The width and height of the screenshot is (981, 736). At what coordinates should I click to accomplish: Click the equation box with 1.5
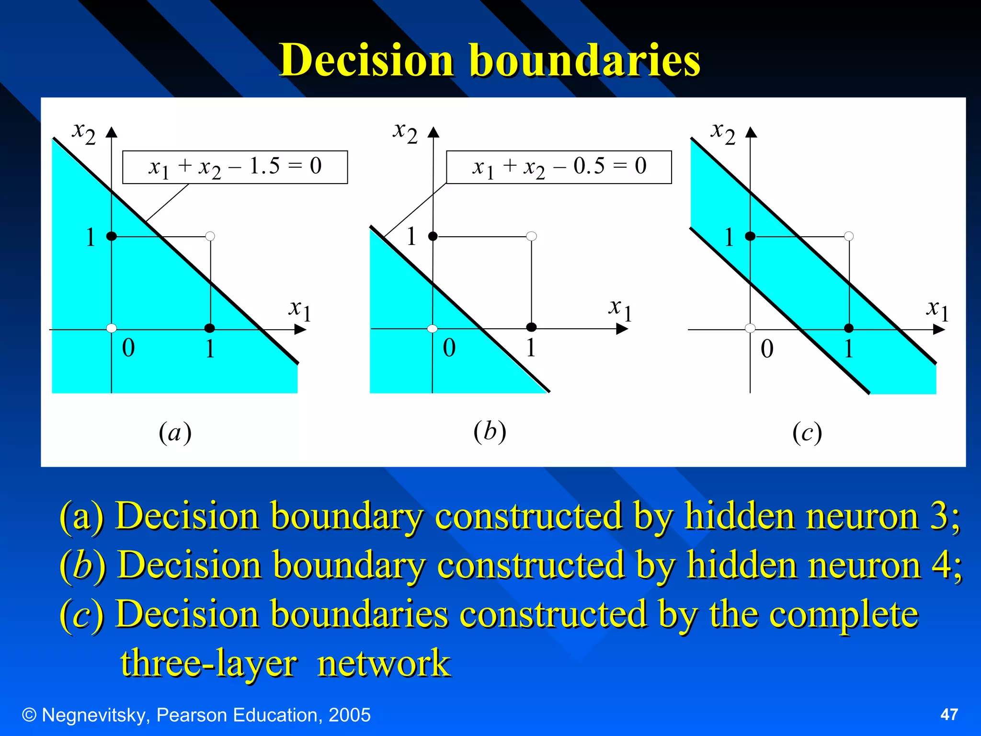tap(235, 167)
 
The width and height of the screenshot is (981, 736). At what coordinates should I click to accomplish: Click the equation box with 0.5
tap(559, 167)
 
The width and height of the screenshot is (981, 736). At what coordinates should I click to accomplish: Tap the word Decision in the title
tap(366, 60)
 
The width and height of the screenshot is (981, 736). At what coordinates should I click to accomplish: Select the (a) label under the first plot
tap(175, 433)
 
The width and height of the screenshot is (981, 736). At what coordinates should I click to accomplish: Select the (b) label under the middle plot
tap(490, 431)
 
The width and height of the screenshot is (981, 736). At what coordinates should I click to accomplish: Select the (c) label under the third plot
tap(807, 433)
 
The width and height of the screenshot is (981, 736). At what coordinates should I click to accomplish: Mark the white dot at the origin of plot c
tap(750, 328)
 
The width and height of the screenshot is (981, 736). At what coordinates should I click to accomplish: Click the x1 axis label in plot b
tap(620, 309)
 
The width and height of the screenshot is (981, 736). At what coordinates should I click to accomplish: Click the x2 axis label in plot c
tap(723, 131)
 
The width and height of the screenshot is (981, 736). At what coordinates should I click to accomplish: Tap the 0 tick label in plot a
tap(128, 348)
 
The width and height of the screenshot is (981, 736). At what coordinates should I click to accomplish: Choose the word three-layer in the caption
tap(208, 664)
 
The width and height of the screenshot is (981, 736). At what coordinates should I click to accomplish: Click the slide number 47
tap(949, 714)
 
